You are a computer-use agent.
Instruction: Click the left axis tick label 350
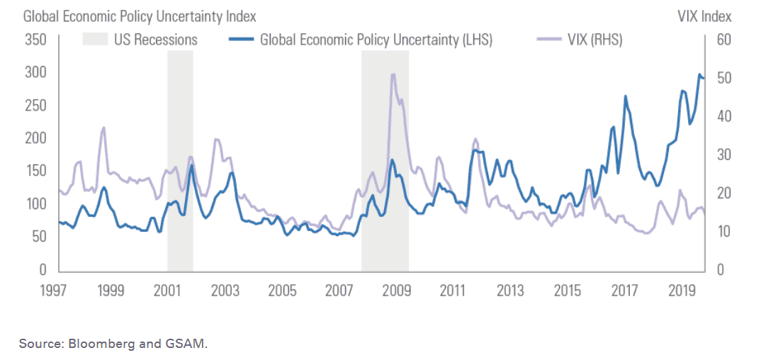tap(36, 39)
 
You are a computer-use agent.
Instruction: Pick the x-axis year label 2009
tap(395, 291)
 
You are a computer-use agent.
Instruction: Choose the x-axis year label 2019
tap(681, 291)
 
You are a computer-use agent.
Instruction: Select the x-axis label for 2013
tap(509, 291)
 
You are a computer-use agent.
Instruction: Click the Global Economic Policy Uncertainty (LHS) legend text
tap(376, 40)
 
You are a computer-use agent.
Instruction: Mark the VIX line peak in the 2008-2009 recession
tap(393, 74)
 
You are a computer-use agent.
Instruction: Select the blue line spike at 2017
tap(625, 96)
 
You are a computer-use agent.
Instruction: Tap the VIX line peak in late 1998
tap(103, 128)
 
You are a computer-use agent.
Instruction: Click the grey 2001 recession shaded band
tap(180, 163)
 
